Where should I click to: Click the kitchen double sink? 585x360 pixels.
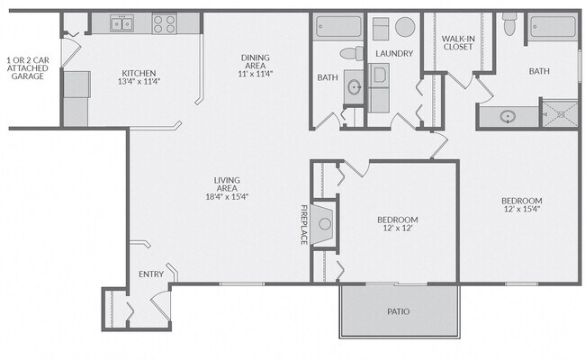(121, 23)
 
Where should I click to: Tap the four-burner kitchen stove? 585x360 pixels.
(164, 23)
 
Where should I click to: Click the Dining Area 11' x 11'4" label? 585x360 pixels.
(256, 66)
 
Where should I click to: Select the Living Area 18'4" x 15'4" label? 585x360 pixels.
(227, 188)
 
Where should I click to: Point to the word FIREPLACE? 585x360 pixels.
(304, 225)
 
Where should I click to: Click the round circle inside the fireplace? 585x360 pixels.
(325, 224)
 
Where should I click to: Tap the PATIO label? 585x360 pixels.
(399, 311)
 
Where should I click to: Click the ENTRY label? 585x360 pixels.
(151, 274)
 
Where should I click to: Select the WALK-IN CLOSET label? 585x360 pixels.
(458, 42)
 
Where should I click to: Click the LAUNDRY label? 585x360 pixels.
(394, 53)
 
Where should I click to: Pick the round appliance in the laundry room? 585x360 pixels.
(405, 27)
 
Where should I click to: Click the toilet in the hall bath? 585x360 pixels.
(352, 53)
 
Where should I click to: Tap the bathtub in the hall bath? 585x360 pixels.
(338, 26)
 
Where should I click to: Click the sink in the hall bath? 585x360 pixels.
(354, 87)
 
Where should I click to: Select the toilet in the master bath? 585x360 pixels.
(509, 24)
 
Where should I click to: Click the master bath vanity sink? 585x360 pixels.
(508, 117)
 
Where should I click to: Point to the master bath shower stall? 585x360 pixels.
(560, 113)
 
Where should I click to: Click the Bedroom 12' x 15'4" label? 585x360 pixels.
(522, 205)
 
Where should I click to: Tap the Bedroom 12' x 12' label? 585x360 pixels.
(397, 223)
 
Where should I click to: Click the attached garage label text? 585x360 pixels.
(28, 67)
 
